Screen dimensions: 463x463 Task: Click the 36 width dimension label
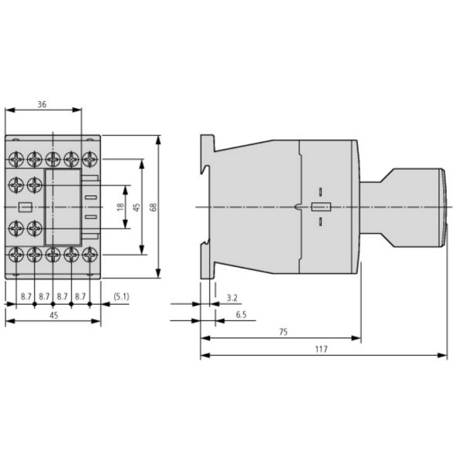pyautogui.click(x=42, y=106)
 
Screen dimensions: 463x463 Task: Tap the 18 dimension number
pyautogui.click(x=119, y=208)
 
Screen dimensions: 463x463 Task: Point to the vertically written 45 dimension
pyautogui.click(x=136, y=208)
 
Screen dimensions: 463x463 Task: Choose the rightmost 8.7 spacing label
pyautogui.click(x=81, y=296)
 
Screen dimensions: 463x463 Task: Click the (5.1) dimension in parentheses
pyautogui.click(x=122, y=296)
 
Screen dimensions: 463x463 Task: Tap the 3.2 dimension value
pyautogui.click(x=232, y=296)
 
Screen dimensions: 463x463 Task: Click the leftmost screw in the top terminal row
pyautogui.click(x=15, y=159)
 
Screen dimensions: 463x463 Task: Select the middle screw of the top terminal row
pyautogui.click(x=52, y=159)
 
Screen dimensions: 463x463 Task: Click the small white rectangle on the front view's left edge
pyautogui.click(x=23, y=207)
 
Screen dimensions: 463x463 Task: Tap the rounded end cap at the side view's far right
pyautogui.click(x=443, y=207)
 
